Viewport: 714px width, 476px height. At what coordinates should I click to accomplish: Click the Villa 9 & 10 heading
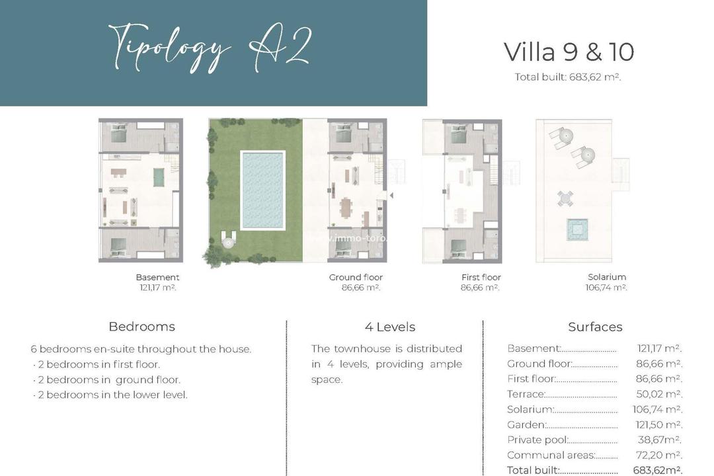[x=569, y=52]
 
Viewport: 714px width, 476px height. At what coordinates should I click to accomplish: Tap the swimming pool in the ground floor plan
[x=262, y=190]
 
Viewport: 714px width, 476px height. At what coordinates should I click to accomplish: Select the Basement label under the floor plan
[x=157, y=277]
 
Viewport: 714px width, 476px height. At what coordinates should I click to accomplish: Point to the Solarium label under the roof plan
[x=606, y=277]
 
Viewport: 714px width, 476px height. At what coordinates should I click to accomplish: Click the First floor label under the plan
[x=481, y=277]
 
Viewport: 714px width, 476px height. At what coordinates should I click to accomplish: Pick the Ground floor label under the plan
[x=356, y=277]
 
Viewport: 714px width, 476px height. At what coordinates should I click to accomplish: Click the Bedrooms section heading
[x=141, y=327]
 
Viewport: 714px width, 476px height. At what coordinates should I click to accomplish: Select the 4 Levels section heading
[x=389, y=327]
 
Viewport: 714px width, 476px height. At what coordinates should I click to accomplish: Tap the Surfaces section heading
[x=595, y=327]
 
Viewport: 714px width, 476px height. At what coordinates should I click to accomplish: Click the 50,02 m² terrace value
[x=658, y=394]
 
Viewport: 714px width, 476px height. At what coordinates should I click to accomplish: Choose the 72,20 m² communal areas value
[x=658, y=455]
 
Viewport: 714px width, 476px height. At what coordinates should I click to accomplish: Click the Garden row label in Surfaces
[x=526, y=424]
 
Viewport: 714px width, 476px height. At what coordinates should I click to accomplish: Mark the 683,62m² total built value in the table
[x=657, y=470]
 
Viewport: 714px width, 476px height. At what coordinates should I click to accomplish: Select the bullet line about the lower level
[x=110, y=395]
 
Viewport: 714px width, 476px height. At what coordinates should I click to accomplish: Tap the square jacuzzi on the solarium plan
[x=576, y=229]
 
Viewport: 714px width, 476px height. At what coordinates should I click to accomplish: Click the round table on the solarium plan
[x=565, y=197]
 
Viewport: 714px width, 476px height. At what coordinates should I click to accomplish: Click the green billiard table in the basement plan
[x=159, y=177]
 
